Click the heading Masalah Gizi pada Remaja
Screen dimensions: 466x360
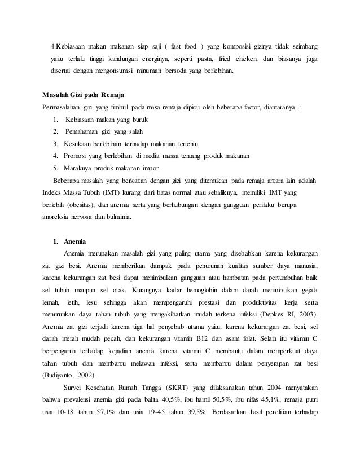84,93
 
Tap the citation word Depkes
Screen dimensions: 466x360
276,314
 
